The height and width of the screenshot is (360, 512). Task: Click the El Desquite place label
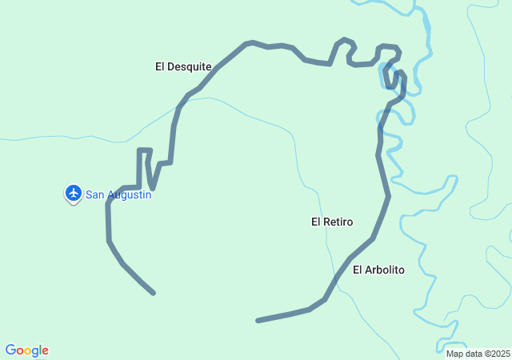click(183, 66)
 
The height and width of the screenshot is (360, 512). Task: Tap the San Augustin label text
click(118, 194)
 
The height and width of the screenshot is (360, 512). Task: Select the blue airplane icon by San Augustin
click(74, 193)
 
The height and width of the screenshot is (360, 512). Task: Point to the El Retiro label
click(332, 222)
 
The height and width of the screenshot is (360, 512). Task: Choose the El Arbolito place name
click(378, 270)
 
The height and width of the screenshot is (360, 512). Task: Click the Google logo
click(27, 350)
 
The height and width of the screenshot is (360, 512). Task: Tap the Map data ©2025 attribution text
click(478, 354)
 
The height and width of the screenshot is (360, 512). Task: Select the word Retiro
click(338, 222)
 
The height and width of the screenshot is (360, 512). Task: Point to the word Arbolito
click(385, 270)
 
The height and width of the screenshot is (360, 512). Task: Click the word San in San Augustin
click(95, 194)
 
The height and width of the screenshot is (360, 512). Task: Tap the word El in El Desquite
click(160, 66)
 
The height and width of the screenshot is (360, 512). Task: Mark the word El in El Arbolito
click(358, 270)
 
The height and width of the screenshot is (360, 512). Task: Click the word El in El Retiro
click(316, 222)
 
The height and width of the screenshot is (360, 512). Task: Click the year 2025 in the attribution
click(500, 354)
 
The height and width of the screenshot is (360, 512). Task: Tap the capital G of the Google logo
click(11, 350)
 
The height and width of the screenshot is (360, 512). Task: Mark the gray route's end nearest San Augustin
click(153, 293)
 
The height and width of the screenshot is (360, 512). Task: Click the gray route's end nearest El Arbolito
click(258, 321)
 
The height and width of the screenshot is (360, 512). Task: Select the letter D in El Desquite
click(171, 66)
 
